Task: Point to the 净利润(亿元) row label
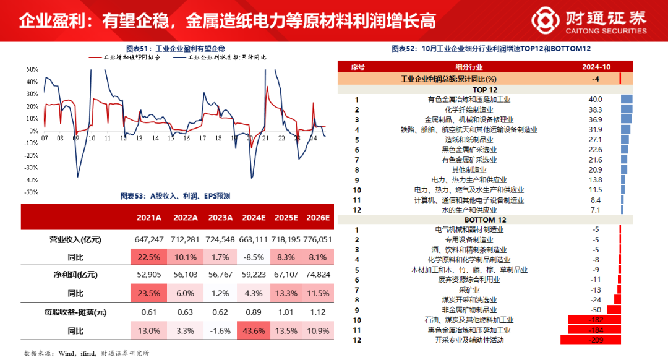(x=74, y=275)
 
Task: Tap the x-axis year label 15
(x=170, y=139)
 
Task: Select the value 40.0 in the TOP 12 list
(x=595, y=99)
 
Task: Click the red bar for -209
(x=590, y=340)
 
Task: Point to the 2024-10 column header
(x=596, y=67)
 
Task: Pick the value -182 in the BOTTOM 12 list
(x=595, y=320)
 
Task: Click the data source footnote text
(x=87, y=353)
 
